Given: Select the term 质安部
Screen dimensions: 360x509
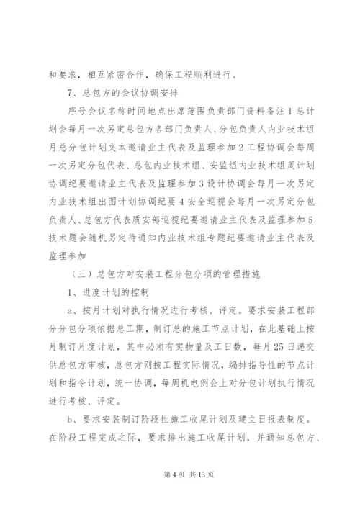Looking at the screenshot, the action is tap(141, 220).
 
